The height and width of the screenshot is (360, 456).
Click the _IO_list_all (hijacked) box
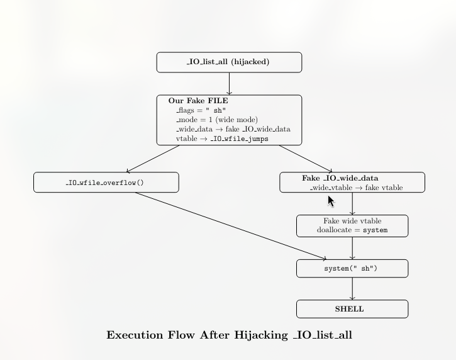click(229, 62)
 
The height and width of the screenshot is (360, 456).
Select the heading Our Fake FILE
click(198, 101)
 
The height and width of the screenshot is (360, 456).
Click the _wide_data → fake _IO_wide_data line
click(233, 129)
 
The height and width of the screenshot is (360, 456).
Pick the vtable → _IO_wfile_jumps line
click(222, 138)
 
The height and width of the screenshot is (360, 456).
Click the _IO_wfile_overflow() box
click(106, 183)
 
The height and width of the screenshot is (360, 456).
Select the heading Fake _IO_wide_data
click(340, 178)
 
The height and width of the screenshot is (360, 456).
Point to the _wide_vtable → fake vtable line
click(356, 188)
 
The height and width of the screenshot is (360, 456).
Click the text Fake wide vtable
click(352, 221)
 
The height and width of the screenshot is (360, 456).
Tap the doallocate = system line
click(352, 230)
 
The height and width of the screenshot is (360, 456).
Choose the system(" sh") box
click(352, 268)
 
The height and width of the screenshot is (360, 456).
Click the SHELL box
click(352, 309)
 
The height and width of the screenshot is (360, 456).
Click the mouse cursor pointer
click(331, 201)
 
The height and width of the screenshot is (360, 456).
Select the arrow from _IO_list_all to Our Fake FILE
click(229, 84)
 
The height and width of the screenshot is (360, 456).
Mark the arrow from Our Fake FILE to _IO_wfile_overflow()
click(153, 159)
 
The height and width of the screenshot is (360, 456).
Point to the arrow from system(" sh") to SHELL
click(352, 288)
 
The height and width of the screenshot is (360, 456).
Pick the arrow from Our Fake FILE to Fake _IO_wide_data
click(305, 159)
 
